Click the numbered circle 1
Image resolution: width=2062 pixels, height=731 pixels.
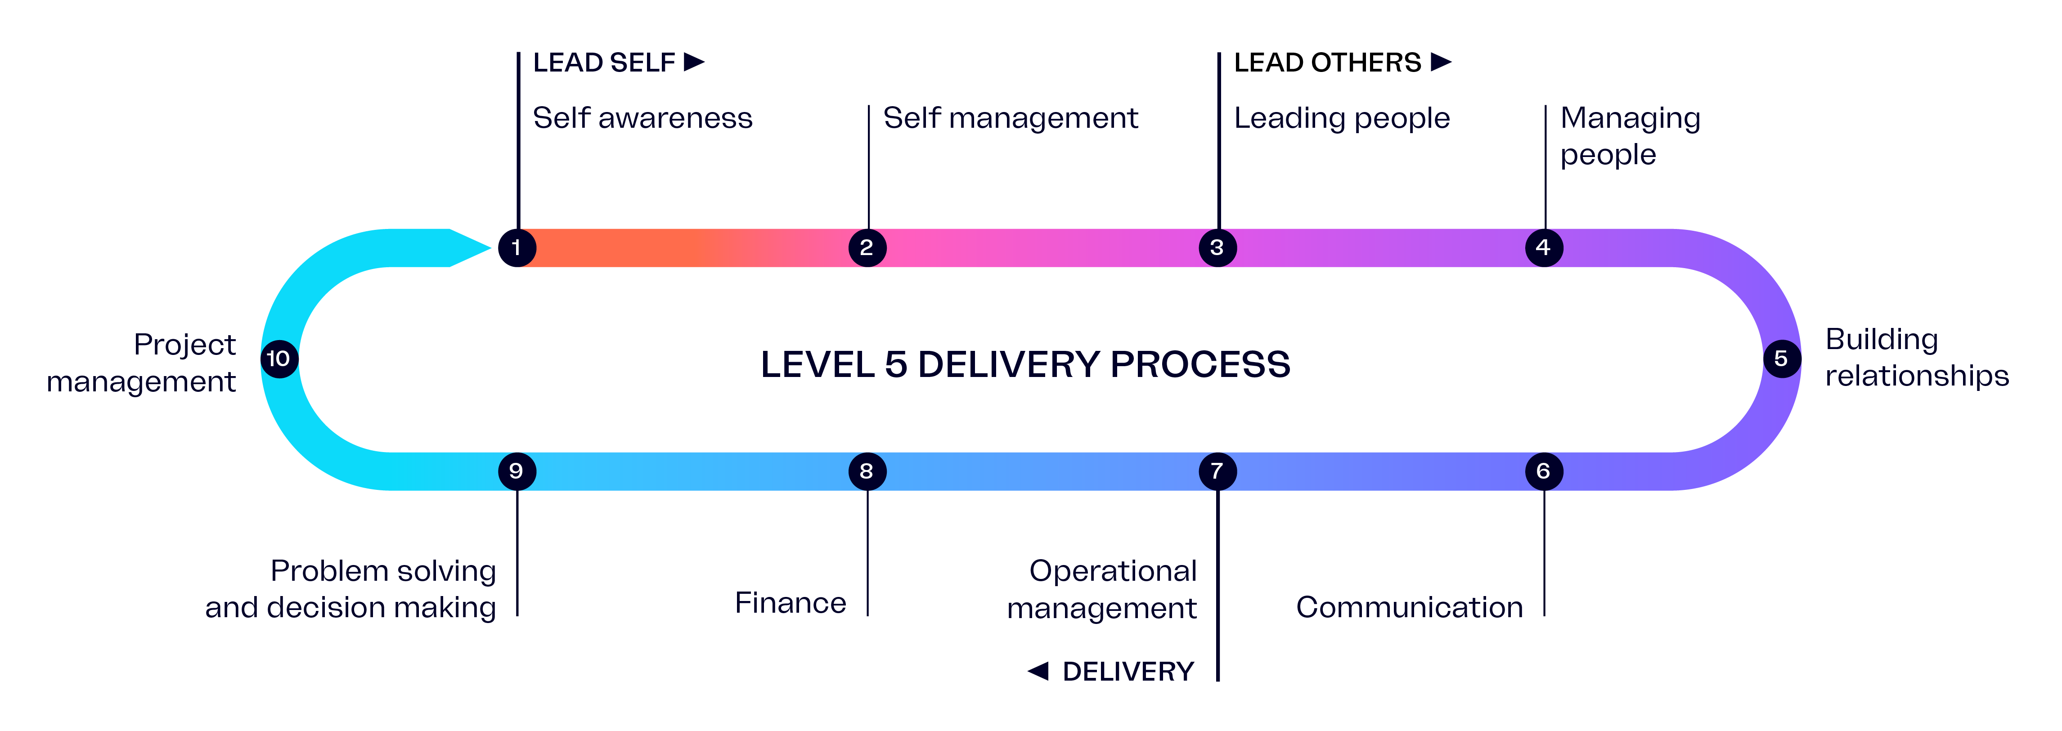click(x=517, y=247)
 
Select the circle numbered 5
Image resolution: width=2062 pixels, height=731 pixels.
click(x=1782, y=359)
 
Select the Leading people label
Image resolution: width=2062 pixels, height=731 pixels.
click(x=1342, y=118)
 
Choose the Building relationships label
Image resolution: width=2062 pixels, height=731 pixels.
click(x=1916, y=357)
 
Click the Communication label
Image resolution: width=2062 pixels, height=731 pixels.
click(x=1409, y=607)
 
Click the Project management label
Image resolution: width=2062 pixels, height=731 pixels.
click(x=142, y=363)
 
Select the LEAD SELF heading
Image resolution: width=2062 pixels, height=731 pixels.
click(x=604, y=63)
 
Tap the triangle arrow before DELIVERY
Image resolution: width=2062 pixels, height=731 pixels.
click(x=1038, y=671)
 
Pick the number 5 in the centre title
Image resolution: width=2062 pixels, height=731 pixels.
click(x=896, y=365)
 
